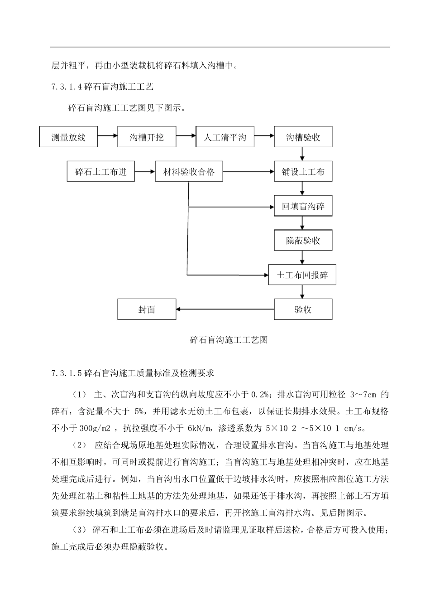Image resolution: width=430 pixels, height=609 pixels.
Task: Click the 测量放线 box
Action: (69, 137)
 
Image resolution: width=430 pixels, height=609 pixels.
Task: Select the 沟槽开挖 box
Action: (147, 137)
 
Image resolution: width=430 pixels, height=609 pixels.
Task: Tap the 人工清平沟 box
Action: (225, 137)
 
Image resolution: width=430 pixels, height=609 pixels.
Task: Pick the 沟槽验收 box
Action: (303, 137)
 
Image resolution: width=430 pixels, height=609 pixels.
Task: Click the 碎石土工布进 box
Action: (101, 172)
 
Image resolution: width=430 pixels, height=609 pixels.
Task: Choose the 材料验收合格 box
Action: (189, 172)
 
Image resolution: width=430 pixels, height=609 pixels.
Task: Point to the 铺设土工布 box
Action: (303, 172)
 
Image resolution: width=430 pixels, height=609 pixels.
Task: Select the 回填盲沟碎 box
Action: (303, 207)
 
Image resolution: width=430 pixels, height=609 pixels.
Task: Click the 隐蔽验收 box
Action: (303, 241)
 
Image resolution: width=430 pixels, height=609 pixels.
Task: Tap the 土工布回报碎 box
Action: (302, 275)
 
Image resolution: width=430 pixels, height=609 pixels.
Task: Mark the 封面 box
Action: (147, 309)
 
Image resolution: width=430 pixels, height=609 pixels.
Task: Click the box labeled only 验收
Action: (303, 309)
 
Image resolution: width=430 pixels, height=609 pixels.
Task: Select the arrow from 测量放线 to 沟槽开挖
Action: (108, 135)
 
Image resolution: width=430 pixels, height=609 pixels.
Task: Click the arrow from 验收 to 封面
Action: (225, 309)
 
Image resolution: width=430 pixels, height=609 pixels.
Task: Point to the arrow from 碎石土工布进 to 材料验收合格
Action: (145, 172)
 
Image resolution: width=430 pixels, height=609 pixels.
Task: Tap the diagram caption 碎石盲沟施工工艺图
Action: (229, 340)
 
